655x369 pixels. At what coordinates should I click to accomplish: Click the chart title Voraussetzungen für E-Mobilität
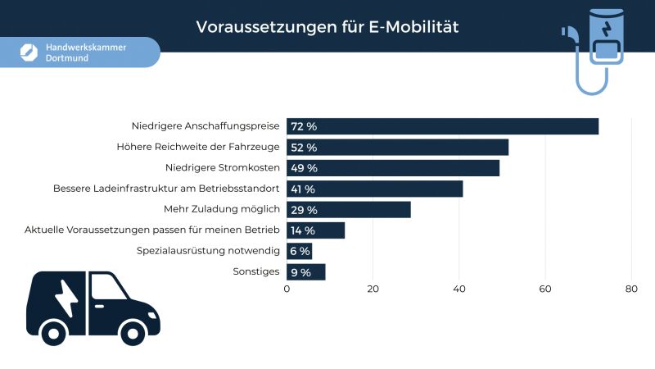(327, 27)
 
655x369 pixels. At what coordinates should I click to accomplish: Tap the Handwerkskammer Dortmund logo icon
(29, 52)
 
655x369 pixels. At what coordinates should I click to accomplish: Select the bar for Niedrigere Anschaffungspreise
(442, 126)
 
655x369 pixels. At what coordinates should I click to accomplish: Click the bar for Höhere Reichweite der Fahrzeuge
(397, 148)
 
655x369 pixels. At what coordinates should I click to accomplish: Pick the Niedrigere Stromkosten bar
(393, 168)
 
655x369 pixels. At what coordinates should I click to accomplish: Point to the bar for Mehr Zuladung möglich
(349, 210)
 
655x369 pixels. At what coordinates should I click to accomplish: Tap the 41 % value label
(303, 189)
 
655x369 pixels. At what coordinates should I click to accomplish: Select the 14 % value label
(303, 230)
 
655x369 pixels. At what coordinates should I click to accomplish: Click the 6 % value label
(300, 252)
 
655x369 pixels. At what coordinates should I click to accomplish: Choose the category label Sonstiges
(256, 271)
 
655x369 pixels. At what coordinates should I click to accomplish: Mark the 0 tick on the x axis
(287, 289)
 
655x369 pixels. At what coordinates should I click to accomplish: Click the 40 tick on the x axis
(458, 289)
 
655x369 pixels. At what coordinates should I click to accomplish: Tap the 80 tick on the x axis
(630, 289)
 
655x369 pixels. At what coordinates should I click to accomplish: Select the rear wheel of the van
(55, 332)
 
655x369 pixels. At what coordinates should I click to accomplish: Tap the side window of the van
(106, 287)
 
